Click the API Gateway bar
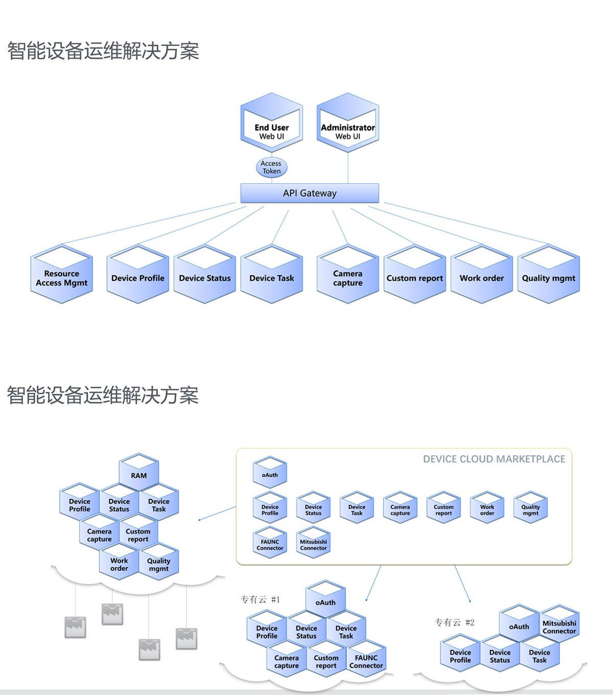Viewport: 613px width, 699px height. point(310,193)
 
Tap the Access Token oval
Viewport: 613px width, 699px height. point(271,167)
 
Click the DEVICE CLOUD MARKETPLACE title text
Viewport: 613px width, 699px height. point(494,459)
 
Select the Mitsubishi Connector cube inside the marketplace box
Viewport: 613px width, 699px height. point(313,543)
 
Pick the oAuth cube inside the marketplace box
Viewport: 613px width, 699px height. point(270,473)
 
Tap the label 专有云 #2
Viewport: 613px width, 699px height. point(455,622)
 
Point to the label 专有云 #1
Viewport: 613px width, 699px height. point(261,599)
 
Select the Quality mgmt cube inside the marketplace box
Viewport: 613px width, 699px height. point(530,508)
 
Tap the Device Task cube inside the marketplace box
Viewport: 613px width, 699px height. point(357,508)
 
